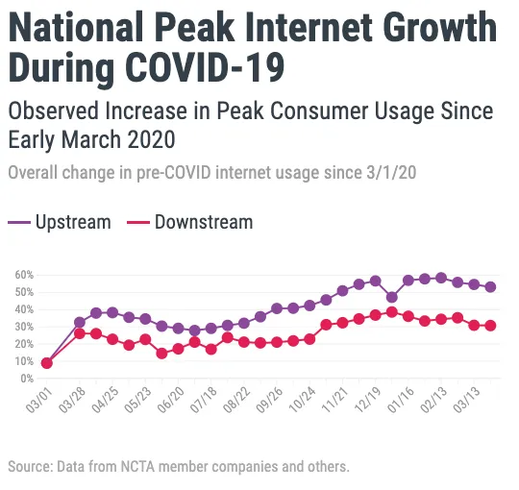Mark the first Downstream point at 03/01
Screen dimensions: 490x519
[x=46, y=363]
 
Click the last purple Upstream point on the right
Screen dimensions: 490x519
[x=490, y=286]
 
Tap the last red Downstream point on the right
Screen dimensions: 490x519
[x=490, y=326]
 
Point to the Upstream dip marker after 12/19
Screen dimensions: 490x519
[x=391, y=297]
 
